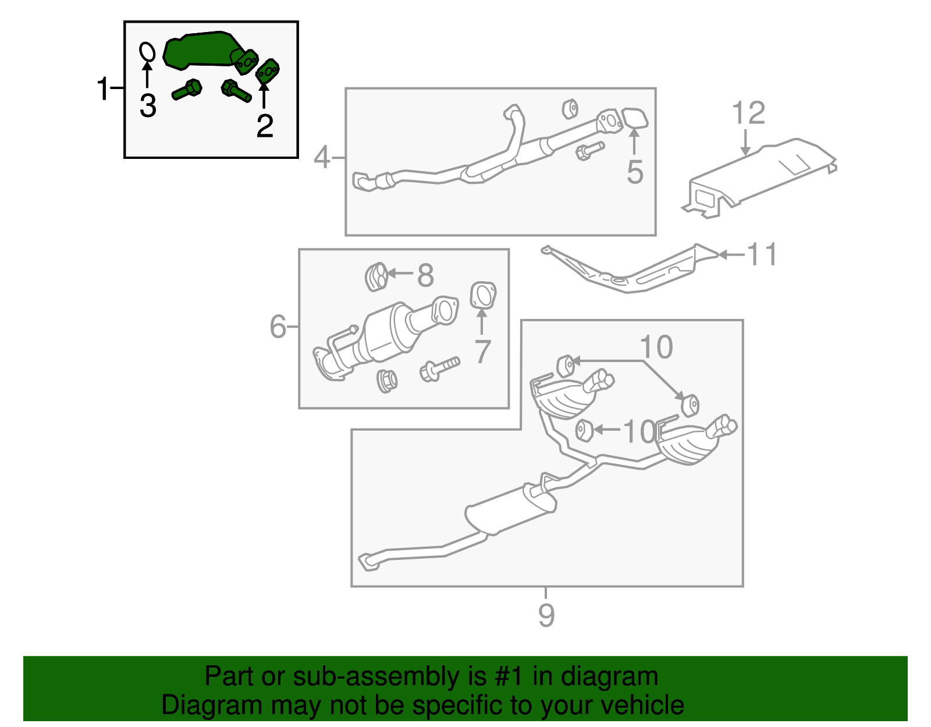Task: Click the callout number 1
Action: tap(103, 89)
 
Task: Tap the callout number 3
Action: tap(148, 106)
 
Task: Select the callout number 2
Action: tap(265, 126)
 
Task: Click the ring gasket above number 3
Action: tap(148, 51)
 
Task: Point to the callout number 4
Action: tap(322, 157)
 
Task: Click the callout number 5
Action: tap(635, 172)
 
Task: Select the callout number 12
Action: tap(748, 113)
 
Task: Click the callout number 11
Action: tap(762, 254)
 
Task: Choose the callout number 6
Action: tap(278, 327)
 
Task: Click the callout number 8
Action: tap(425, 275)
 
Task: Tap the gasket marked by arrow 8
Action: tap(376, 276)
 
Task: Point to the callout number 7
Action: tap(482, 352)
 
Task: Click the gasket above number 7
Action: tap(483, 295)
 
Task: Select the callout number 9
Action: tap(546, 615)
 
